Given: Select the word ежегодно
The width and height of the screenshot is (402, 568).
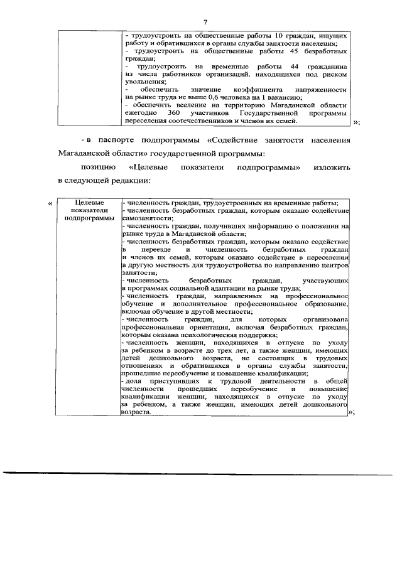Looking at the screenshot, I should tap(139, 112).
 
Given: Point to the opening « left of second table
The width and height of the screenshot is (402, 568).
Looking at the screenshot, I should tap(51, 203).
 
